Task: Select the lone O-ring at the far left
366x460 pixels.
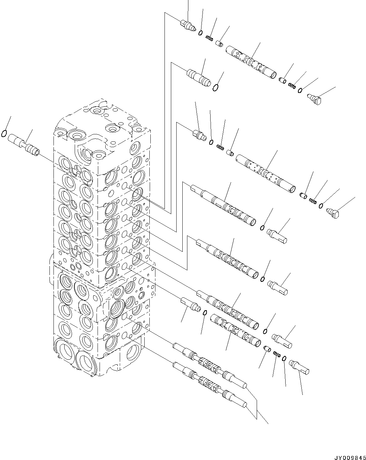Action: coord(4,134)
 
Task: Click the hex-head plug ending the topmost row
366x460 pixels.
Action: coord(316,99)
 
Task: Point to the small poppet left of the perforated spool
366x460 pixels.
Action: coord(231,153)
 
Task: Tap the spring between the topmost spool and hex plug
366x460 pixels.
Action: coord(292,86)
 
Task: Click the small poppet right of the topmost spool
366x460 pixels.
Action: coord(283,80)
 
